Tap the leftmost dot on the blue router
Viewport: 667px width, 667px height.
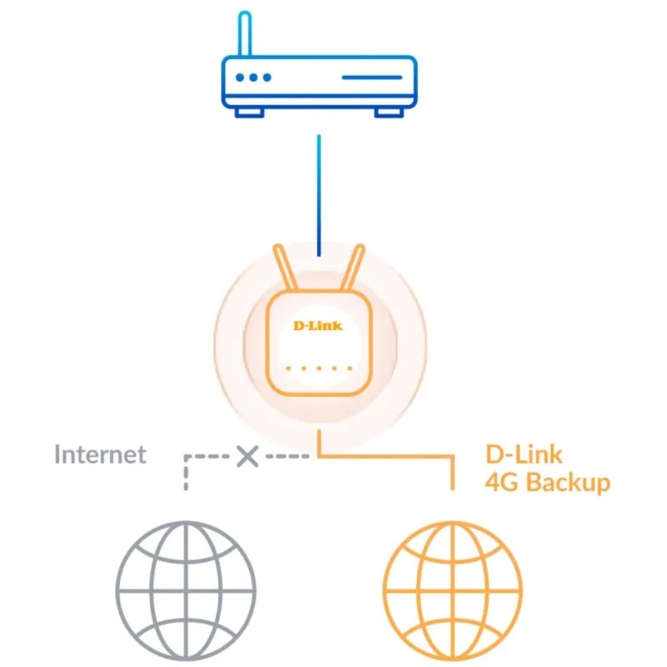240,78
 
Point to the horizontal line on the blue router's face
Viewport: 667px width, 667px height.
371,78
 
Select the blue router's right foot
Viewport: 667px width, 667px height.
388,111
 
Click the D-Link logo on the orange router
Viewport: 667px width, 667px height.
318,325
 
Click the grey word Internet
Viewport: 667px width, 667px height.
100,455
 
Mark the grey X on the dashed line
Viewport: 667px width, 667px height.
246,456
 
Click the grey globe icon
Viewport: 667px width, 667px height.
185,581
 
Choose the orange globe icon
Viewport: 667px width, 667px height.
451,581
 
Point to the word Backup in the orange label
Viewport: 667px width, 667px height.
568,482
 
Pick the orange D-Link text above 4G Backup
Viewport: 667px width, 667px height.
524,454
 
